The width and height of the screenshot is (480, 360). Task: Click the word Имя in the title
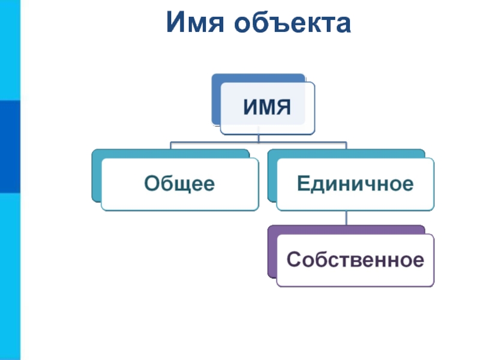[195, 22]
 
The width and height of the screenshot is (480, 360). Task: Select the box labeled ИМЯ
[268, 109]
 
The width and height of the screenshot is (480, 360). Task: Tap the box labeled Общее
[180, 184]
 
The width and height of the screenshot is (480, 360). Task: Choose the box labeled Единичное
[355, 184]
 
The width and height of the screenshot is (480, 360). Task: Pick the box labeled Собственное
[355, 260]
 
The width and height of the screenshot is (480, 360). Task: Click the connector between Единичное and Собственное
[346, 218]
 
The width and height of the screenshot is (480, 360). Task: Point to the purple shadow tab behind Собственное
[272, 251]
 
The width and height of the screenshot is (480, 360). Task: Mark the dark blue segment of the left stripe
[10, 146]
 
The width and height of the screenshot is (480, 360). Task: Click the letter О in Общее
[152, 183]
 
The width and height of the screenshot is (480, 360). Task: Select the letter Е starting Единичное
[303, 183]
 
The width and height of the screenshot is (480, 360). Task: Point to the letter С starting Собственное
[293, 259]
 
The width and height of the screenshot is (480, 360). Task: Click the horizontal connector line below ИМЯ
[259, 142]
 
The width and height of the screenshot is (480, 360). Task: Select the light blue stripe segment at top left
[10, 50]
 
